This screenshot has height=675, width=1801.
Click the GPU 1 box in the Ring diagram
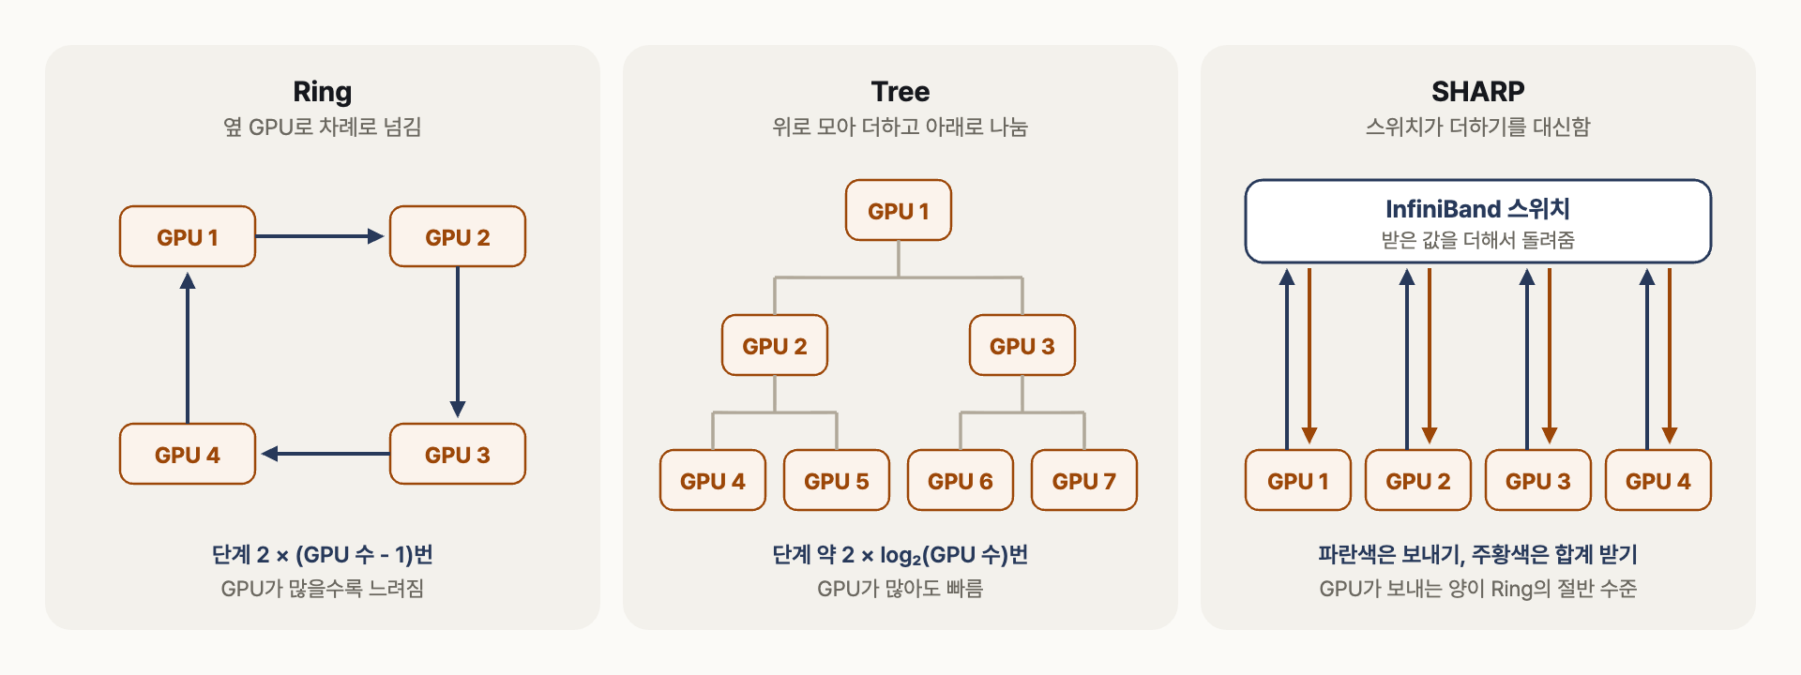[x=188, y=236]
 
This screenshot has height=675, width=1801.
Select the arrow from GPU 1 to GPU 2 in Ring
[x=320, y=236]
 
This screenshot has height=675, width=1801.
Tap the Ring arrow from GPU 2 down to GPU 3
[x=458, y=342]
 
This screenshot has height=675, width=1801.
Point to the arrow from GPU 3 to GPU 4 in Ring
[x=325, y=454]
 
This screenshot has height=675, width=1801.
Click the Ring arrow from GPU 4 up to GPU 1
[x=188, y=348]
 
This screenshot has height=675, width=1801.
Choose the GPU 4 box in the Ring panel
[x=188, y=454]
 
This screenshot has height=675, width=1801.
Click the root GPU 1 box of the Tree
[x=899, y=210]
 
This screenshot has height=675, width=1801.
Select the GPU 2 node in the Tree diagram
[x=775, y=345]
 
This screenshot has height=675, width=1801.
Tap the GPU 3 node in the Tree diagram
[x=1022, y=345]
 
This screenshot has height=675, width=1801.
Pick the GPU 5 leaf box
[x=837, y=480]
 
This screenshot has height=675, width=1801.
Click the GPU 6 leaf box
[x=961, y=480]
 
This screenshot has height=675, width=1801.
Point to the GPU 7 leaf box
[x=1084, y=480]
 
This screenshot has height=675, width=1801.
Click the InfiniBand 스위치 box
[x=1478, y=221]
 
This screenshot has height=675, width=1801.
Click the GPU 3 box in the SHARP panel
[x=1538, y=480]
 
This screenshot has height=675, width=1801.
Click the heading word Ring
[x=323, y=92]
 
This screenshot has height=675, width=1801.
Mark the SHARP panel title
[x=1478, y=92]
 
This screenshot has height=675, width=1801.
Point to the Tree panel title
[x=900, y=92]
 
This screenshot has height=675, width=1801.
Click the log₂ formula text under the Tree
[x=900, y=555]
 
